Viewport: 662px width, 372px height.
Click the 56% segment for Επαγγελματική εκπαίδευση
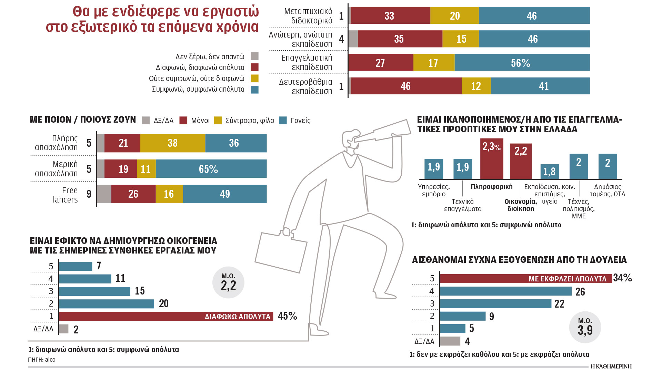[x=522, y=63]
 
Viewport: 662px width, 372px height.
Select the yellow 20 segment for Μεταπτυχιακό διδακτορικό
[x=454, y=15]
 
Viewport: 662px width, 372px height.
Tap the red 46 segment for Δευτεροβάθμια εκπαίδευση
[x=406, y=86]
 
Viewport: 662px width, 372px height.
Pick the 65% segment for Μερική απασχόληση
[x=211, y=169]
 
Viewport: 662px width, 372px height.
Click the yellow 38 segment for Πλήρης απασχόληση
[x=173, y=143]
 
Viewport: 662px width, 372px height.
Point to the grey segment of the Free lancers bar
[x=104, y=194]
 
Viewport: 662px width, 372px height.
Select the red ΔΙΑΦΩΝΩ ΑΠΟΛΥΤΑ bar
[x=165, y=316]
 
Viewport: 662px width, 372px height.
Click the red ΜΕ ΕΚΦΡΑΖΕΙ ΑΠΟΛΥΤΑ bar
[x=525, y=279]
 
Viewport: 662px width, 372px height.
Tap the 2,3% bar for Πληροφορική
[x=491, y=159]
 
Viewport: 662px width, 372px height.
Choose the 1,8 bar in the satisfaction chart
[x=550, y=172]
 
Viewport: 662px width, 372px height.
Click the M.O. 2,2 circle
[x=228, y=282]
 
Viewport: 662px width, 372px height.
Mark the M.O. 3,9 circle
[x=585, y=327]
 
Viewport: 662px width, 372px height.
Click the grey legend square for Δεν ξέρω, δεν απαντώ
[x=254, y=56]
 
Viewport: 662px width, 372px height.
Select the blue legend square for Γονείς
[x=283, y=121]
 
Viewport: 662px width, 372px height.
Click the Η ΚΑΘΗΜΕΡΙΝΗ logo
[x=611, y=366]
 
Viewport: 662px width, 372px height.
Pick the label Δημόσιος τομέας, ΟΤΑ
[x=608, y=190]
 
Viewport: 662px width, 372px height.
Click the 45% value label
[x=287, y=316]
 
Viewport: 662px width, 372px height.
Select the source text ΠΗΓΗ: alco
[x=42, y=360]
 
